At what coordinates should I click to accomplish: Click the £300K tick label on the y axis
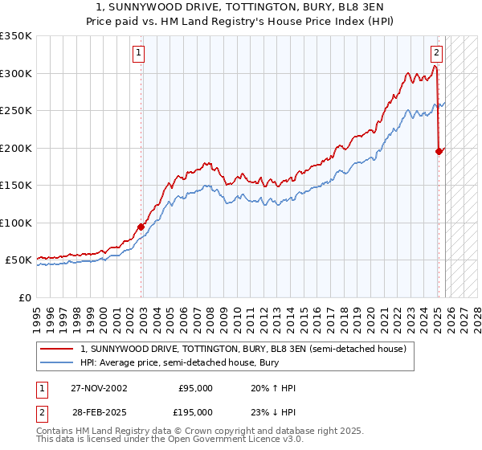pos(16,73)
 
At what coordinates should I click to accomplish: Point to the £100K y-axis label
pos(16,223)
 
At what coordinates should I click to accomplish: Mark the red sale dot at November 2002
pos(141,227)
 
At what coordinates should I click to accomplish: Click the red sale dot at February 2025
pos(439,151)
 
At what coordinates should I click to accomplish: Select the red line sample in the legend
pos(58,349)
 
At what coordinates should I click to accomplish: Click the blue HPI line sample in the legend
pos(58,363)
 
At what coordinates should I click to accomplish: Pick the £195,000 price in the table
pos(195,411)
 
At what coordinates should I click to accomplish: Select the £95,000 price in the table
pos(195,388)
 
